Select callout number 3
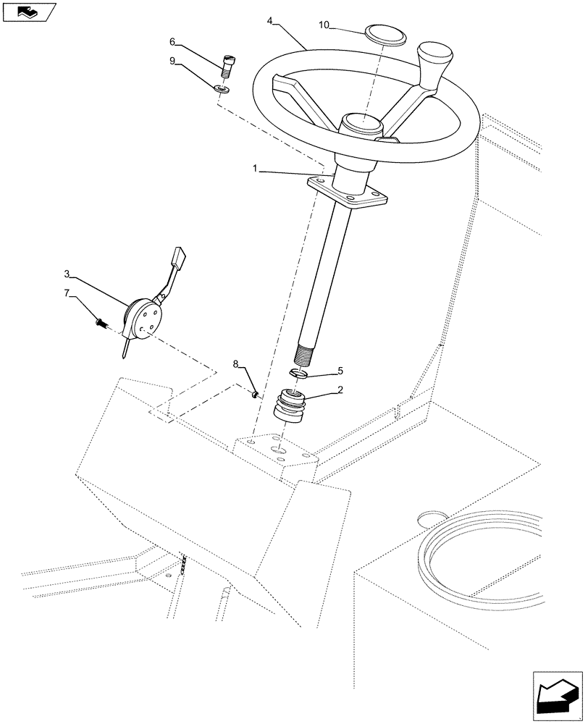point(67,274)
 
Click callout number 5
point(340,371)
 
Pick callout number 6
point(172,41)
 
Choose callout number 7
point(67,292)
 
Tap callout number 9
point(172,62)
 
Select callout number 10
point(324,25)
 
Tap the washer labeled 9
point(222,90)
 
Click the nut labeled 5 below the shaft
point(298,372)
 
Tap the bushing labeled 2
point(289,407)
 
